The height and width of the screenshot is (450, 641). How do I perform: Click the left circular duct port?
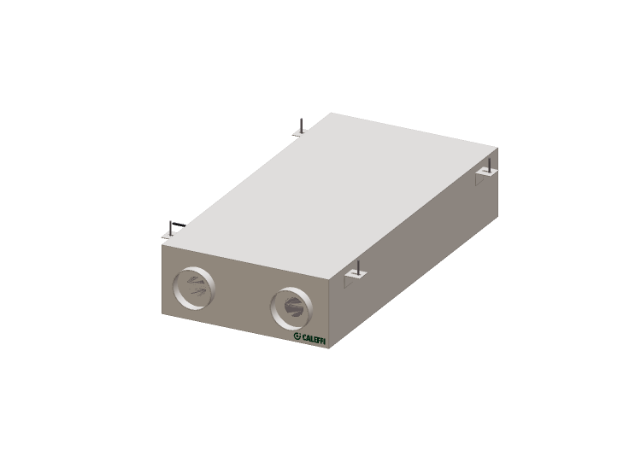pos(194,289)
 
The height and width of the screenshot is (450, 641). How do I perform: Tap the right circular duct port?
pos(291,308)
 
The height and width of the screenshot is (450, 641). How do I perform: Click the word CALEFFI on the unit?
pos(314,338)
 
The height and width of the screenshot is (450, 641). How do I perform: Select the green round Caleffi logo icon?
pos(297,336)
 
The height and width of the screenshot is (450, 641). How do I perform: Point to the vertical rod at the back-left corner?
pos(302,126)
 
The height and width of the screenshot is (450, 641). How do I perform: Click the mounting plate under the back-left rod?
pos(299,133)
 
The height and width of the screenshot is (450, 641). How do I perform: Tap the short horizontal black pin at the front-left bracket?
pos(179,224)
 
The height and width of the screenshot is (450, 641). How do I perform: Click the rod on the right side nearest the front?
pos(358,268)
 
